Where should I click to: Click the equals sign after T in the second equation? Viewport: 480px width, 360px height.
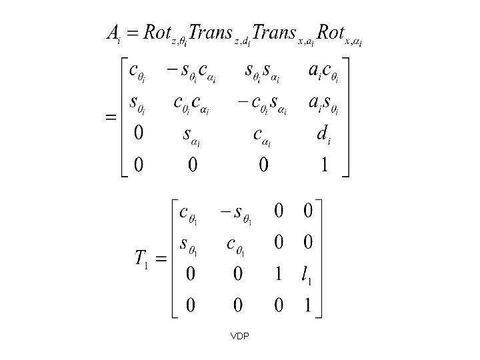click(x=161, y=259)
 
